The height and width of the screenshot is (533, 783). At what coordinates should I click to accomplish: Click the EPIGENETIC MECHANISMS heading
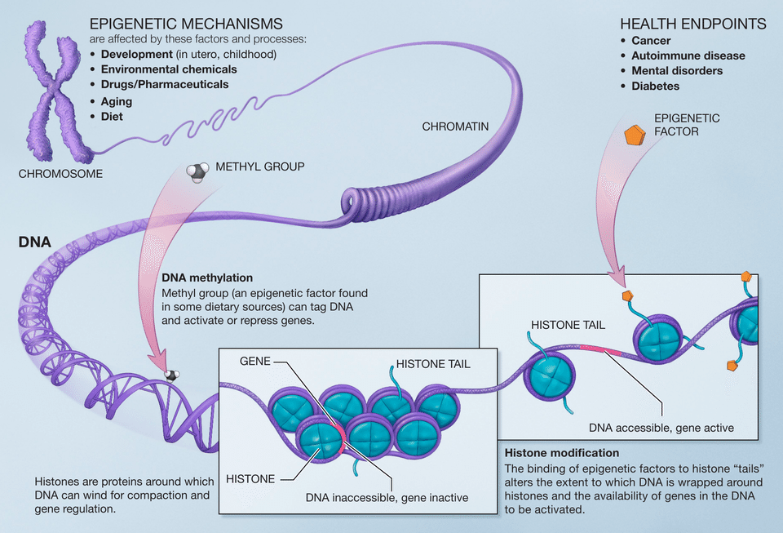[x=186, y=24]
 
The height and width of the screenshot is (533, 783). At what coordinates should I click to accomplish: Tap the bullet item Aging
[x=117, y=102]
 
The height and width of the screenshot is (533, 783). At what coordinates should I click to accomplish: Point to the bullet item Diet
[x=112, y=117]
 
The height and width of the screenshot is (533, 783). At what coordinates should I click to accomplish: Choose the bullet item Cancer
[x=651, y=41]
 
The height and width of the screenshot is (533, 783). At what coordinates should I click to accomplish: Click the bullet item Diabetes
[x=655, y=86]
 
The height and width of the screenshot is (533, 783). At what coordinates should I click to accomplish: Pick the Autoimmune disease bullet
[x=688, y=56]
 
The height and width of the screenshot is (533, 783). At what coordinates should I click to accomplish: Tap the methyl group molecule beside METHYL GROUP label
[x=197, y=171]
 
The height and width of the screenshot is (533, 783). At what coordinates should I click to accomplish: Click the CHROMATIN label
[x=455, y=127]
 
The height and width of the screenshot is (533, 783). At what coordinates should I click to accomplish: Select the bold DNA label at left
[x=35, y=242]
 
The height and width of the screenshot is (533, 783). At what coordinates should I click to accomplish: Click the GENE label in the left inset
[x=255, y=360]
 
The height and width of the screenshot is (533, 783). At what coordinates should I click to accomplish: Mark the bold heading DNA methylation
[x=207, y=278]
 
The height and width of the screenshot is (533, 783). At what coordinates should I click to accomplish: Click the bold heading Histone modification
[x=562, y=452]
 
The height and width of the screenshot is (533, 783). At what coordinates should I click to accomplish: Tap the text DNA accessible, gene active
[x=661, y=427]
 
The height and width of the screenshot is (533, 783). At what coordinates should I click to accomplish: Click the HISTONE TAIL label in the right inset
[x=568, y=324]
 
